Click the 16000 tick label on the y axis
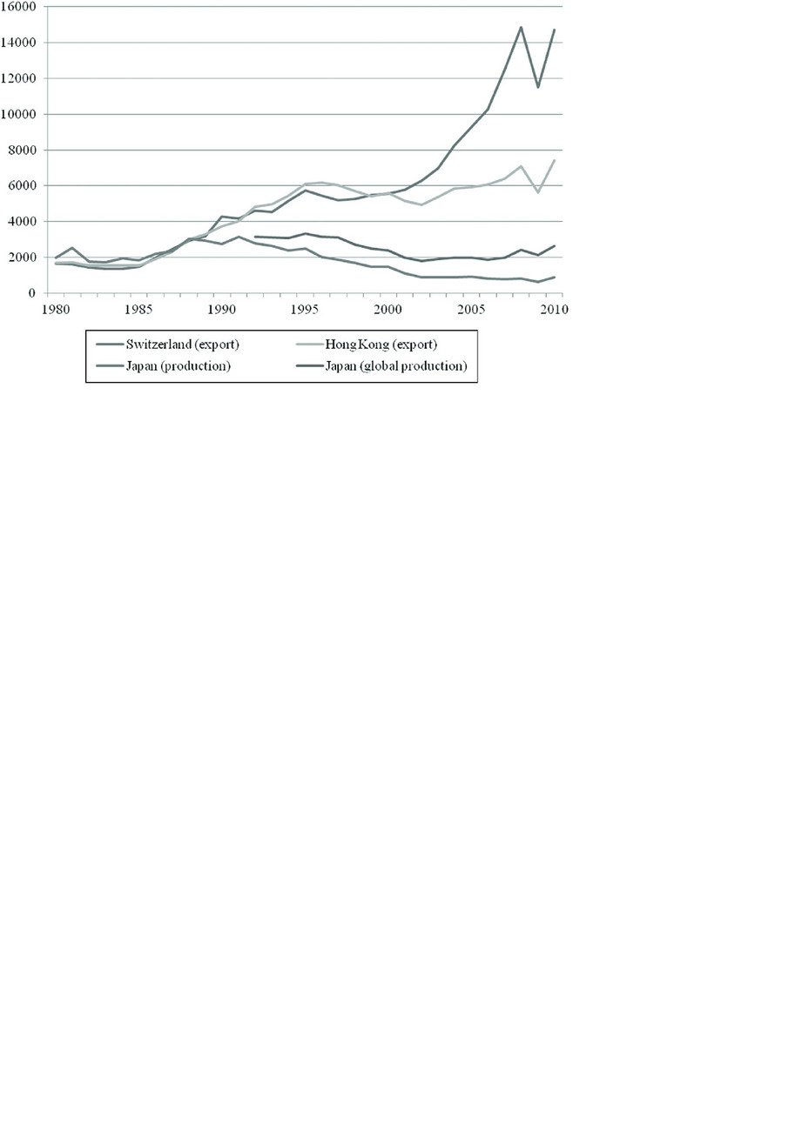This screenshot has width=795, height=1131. [x=19, y=6]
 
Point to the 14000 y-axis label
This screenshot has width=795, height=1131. [x=19, y=43]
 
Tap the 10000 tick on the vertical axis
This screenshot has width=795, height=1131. [x=19, y=114]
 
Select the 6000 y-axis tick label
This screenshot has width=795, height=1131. [x=23, y=185]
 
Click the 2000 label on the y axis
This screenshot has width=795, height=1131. [x=23, y=258]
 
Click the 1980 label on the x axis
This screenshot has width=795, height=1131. [x=55, y=310]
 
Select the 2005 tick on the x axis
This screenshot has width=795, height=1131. [x=471, y=310]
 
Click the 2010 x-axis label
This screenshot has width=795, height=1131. [x=554, y=310]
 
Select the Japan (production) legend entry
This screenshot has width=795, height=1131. [x=178, y=366]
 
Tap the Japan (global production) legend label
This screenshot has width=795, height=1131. [x=395, y=366]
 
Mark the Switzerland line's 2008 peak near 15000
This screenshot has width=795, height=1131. [x=521, y=27]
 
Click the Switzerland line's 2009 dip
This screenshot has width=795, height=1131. [x=538, y=87]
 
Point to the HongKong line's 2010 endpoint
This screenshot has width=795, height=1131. [x=554, y=160]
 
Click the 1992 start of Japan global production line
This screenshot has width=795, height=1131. [x=255, y=237]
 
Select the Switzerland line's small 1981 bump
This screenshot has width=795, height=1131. [x=72, y=248]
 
